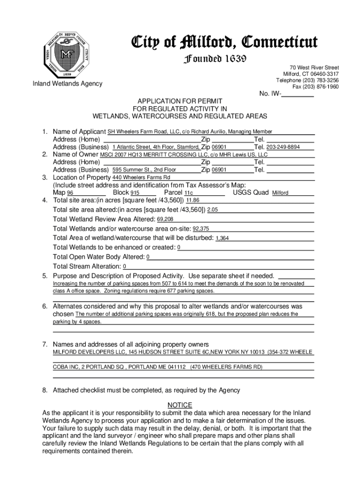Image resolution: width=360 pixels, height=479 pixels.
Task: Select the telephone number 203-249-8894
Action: (x=283, y=147)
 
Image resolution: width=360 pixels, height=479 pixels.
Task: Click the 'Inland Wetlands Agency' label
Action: (x=67, y=84)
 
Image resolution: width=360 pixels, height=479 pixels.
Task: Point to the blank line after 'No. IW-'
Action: (x=298, y=95)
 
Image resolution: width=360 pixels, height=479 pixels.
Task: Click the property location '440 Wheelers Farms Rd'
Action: (x=141, y=178)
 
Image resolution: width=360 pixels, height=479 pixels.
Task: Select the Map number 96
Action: (x=70, y=193)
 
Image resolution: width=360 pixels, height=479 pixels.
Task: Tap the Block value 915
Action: (x=135, y=193)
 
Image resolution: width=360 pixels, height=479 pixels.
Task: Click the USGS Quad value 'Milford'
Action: (x=281, y=193)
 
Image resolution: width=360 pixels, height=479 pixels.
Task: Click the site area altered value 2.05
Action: (x=213, y=210)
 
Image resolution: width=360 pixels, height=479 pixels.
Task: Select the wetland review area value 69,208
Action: (x=165, y=219)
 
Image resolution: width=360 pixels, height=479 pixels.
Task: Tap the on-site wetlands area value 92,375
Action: (x=201, y=229)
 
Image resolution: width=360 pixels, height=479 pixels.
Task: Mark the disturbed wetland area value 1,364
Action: (x=222, y=239)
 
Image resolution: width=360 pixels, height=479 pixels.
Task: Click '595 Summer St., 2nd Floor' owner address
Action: (x=144, y=170)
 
